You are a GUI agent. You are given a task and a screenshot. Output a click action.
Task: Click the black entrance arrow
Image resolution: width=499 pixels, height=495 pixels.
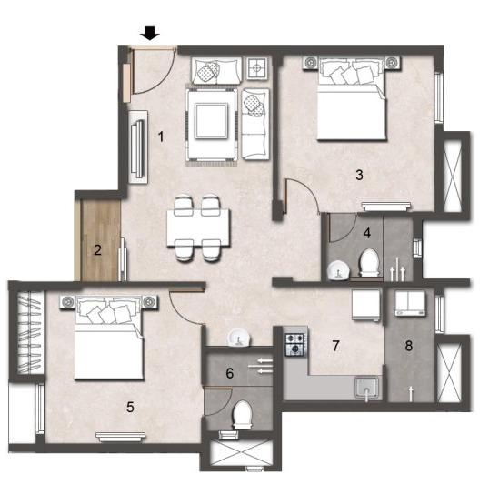point(150,33)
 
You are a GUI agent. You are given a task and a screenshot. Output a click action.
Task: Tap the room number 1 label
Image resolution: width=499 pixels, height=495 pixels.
point(161,136)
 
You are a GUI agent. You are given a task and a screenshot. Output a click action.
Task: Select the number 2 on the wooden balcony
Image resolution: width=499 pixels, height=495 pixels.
point(97,249)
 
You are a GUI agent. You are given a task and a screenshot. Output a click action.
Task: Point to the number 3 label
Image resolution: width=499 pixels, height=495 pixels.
point(359,175)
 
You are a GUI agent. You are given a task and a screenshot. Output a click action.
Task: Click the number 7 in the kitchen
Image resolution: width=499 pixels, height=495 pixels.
point(335,345)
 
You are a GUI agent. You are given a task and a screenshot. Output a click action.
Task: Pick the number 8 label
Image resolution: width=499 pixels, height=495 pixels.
point(409,345)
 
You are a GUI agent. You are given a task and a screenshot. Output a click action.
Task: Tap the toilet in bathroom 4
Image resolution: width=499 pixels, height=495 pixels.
point(369,262)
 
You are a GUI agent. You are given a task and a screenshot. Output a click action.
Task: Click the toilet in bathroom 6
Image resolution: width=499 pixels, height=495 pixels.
point(243,414)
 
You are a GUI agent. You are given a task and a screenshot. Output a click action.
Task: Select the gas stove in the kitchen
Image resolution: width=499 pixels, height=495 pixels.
point(295,344)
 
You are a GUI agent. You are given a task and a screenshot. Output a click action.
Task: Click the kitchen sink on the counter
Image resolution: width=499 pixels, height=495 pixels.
point(367,387)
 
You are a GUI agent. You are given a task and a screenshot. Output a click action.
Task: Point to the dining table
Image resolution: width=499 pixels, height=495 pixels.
point(198,227)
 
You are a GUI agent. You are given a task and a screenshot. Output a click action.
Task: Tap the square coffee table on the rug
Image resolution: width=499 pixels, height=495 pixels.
point(212,121)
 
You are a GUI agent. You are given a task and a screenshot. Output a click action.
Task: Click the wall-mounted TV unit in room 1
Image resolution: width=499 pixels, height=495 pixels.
point(138,146)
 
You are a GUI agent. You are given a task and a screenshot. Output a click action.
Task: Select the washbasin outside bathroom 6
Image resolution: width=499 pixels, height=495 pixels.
point(239,338)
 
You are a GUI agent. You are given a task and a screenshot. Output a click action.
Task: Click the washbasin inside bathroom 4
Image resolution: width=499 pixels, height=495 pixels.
point(339,270)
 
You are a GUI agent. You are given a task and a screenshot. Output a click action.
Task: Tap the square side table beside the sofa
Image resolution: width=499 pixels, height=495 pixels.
point(257,68)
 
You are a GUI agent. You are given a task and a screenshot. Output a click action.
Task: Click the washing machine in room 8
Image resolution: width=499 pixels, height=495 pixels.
point(410,303)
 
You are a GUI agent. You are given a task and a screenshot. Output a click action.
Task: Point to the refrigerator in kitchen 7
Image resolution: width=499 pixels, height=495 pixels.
point(366,305)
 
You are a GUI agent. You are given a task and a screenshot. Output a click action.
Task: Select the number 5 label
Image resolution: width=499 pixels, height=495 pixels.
point(130,407)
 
